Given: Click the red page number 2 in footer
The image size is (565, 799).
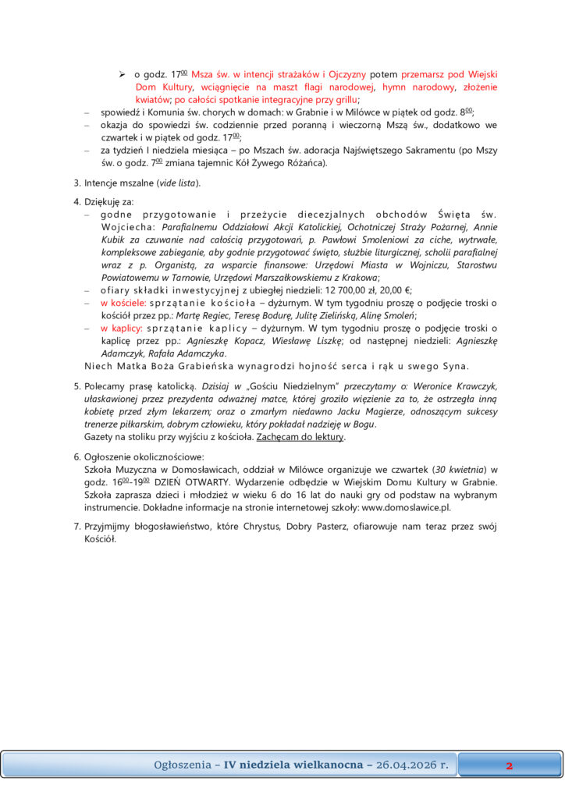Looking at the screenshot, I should point(509,765).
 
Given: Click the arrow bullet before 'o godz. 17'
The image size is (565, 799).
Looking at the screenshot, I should point(123,74).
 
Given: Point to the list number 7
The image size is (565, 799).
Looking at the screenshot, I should point(76,526).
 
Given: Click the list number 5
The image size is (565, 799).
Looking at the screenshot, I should point(76,386).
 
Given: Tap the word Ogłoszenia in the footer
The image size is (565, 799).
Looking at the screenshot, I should point(182,765).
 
